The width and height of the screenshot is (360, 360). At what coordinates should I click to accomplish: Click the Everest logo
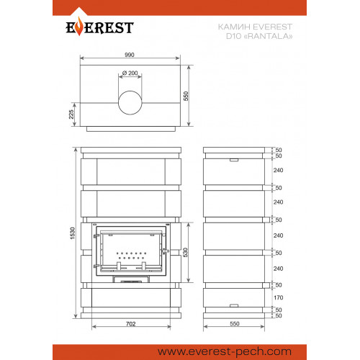click(x=99, y=27)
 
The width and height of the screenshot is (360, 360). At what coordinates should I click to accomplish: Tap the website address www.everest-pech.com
click(x=225, y=352)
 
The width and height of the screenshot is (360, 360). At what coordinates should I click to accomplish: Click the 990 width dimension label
click(x=130, y=55)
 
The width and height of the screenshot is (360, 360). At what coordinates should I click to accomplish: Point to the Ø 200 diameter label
click(x=130, y=73)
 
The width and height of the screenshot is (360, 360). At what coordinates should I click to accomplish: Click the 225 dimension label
click(x=71, y=114)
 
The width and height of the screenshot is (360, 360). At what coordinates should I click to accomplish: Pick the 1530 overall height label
click(x=73, y=233)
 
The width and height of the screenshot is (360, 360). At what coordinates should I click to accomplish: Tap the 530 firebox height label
click(x=185, y=252)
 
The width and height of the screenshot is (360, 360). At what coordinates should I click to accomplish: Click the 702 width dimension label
click(x=131, y=324)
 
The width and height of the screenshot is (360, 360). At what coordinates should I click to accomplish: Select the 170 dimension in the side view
click(x=279, y=297)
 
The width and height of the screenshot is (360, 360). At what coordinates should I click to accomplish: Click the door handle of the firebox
click(x=165, y=251)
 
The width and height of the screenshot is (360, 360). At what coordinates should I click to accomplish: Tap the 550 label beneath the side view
click(x=235, y=324)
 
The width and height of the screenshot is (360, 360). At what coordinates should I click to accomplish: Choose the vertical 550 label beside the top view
click(x=186, y=96)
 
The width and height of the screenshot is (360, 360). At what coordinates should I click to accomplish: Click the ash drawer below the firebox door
click(x=131, y=279)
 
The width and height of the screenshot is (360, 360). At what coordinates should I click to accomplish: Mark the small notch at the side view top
click(x=234, y=160)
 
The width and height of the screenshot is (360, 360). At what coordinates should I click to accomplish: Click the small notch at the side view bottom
click(x=234, y=306)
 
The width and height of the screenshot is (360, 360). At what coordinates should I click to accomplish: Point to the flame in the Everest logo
click(x=79, y=26)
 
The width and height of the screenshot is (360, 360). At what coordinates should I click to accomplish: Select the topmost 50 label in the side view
click(x=279, y=150)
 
